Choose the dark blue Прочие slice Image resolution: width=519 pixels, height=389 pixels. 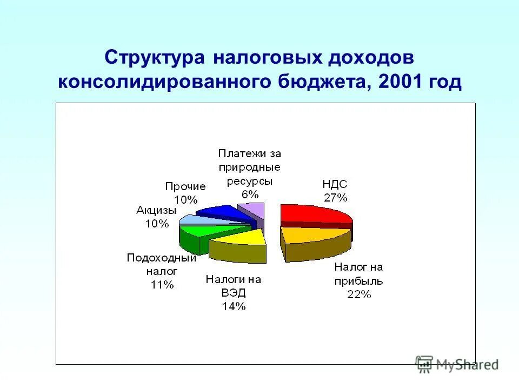pyautogui.click(x=219, y=211)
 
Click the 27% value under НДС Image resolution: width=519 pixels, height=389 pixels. pyautogui.click(x=335, y=197)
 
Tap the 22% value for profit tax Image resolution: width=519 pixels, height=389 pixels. pyautogui.click(x=358, y=294)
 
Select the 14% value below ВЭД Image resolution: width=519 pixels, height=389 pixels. pyautogui.click(x=234, y=306)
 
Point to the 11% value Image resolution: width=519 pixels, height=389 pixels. pyautogui.click(x=162, y=285)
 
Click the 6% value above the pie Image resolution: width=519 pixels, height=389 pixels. pyautogui.click(x=250, y=194)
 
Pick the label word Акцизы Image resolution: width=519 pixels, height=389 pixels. pyautogui.click(x=156, y=210)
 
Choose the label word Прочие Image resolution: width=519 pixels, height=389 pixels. pyautogui.click(x=185, y=186)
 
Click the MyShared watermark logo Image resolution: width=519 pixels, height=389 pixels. pyautogui.click(x=457, y=364)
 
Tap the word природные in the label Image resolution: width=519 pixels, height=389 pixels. pyautogui.click(x=250, y=167)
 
